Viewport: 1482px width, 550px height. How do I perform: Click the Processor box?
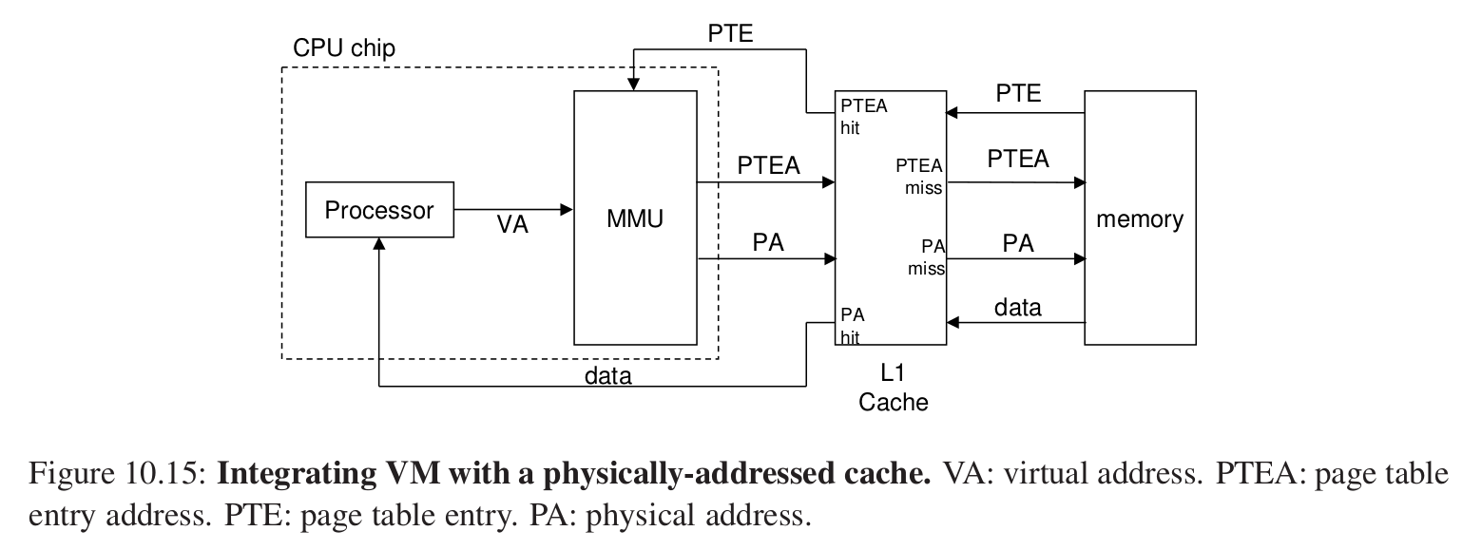[378, 210]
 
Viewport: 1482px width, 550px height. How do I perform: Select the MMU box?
[634, 218]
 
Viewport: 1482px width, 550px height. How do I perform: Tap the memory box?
[1140, 218]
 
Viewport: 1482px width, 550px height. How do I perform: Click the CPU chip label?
[344, 47]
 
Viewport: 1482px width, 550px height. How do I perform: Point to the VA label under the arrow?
[512, 228]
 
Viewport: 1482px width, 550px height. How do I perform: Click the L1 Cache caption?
[893, 389]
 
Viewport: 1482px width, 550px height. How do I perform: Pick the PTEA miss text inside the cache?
[919, 177]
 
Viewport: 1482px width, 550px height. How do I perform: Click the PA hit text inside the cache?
[852, 325]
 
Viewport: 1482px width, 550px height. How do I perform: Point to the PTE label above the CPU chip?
[730, 33]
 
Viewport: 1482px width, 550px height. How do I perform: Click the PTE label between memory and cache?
[1017, 94]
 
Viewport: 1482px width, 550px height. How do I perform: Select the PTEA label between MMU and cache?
[768, 165]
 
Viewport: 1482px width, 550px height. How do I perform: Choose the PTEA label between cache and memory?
[1017, 159]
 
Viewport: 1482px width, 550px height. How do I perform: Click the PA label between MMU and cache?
[768, 242]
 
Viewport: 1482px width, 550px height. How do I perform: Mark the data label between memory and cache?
[1017, 307]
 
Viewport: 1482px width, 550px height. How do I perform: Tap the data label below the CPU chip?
[608, 376]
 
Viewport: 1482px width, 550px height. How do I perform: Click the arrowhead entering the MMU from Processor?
[568, 209]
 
